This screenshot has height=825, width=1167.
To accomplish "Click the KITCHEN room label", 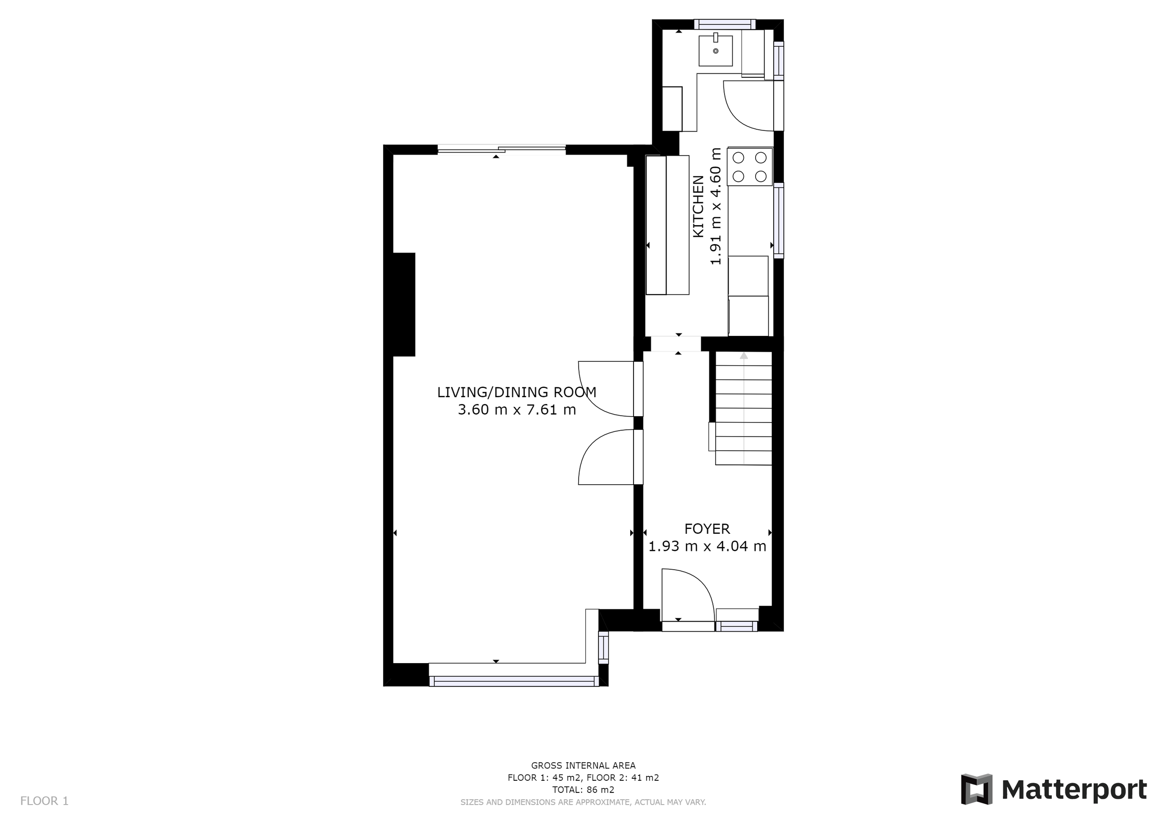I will pos(698,207).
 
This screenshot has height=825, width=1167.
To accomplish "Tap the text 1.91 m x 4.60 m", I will pos(716,207).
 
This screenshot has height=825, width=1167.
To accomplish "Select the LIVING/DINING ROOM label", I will pos(516,392).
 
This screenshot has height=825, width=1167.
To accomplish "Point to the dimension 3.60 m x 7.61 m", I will pos(516,410).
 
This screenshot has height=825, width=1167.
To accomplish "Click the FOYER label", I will pos(707,529).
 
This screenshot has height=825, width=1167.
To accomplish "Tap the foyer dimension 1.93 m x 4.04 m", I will pos(707,546).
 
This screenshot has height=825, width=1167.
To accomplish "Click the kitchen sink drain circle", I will pos(716,51).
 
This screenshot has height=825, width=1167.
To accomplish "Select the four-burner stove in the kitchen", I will pos(750,167).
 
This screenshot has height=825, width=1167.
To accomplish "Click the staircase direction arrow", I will pos(743,356).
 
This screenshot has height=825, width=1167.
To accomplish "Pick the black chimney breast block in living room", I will pos(404,304).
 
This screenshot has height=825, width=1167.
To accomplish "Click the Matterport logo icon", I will pos(976,790).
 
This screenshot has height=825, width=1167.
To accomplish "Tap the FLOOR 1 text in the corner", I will pos(44,801).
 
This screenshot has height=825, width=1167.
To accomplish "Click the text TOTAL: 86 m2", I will pos(583,790).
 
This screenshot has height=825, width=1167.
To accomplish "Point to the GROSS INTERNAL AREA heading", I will pos(583,766).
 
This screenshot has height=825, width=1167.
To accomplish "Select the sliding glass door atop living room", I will pos(501,149).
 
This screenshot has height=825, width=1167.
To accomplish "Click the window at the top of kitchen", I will pos(725,24).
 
